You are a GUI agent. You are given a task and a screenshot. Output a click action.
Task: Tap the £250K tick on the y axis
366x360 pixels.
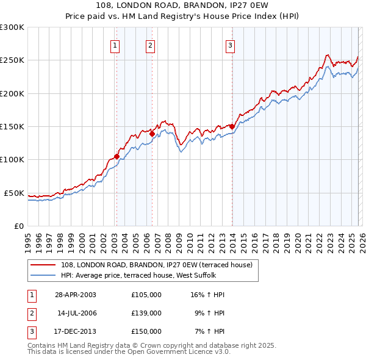pyautogui.click(x=12, y=60)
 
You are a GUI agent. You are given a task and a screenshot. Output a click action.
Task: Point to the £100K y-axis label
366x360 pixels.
pyautogui.click(x=12, y=159)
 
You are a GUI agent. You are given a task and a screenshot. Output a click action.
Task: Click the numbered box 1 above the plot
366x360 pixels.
pyautogui.click(x=116, y=45)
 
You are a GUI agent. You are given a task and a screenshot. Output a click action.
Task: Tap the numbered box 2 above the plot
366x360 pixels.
pyautogui.click(x=150, y=45)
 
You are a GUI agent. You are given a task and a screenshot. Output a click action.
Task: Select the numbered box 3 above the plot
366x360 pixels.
pyautogui.click(x=231, y=45)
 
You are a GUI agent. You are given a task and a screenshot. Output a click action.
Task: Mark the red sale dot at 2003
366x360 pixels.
pyautogui.click(x=117, y=156)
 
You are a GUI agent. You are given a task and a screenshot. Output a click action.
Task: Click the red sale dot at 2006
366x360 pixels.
pyautogui.click(x=152, y=134)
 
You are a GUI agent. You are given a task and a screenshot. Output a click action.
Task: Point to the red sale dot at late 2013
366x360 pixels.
pyautogui.click(x=232, y=127)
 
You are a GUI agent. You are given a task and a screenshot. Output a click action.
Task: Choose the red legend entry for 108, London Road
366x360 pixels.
pyautogui.click(x=160, y=264)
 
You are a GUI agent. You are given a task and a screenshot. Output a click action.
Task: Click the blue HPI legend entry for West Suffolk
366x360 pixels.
pyautogui.click(x=159, y=275)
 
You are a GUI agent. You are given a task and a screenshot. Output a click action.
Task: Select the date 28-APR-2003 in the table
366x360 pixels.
pyautogui.click(x=75, y=295)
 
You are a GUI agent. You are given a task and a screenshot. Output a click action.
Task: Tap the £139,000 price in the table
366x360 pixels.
pyautogui.click(x=146, y=313)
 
